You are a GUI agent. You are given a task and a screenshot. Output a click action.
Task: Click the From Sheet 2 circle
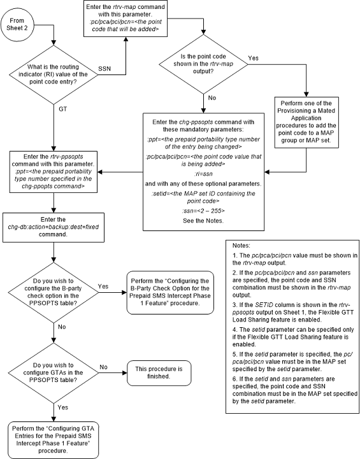pos(17,25)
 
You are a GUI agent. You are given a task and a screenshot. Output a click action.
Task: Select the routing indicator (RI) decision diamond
pos(54,74)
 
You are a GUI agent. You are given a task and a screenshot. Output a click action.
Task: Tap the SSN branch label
pos(104,69)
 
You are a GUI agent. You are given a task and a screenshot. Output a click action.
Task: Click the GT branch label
pos(63,109)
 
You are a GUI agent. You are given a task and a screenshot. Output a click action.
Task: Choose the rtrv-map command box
pos(126,18)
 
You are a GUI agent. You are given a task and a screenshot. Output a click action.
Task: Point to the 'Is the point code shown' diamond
pos(203,64)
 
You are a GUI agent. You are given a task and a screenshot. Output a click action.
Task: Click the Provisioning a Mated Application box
pos(306,122)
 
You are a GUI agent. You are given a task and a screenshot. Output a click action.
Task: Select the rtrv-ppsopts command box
pos(54,171)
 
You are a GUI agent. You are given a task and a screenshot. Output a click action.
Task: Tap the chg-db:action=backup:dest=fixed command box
pos(54,227)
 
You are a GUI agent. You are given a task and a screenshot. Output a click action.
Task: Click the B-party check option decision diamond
pos(54,292)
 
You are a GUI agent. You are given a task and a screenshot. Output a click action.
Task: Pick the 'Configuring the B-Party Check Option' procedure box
pos(170,292)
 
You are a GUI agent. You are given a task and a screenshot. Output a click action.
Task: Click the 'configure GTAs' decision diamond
pos(54,373)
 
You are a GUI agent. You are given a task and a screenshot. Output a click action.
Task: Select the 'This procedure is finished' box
pos(159,372)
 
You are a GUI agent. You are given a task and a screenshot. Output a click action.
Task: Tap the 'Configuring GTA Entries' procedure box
pos(54,440)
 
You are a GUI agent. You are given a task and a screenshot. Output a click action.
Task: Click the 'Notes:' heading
pos(241,245)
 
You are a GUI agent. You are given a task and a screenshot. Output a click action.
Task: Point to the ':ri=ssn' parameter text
pos(203,174)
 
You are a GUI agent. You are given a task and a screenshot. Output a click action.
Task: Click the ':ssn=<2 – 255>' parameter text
pos(203,211)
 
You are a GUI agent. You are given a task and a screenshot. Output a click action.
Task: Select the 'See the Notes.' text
pos(203,221)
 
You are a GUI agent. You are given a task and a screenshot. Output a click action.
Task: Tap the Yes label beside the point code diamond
pos(253,58)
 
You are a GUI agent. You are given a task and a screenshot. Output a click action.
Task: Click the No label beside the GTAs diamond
pos(103,367)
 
